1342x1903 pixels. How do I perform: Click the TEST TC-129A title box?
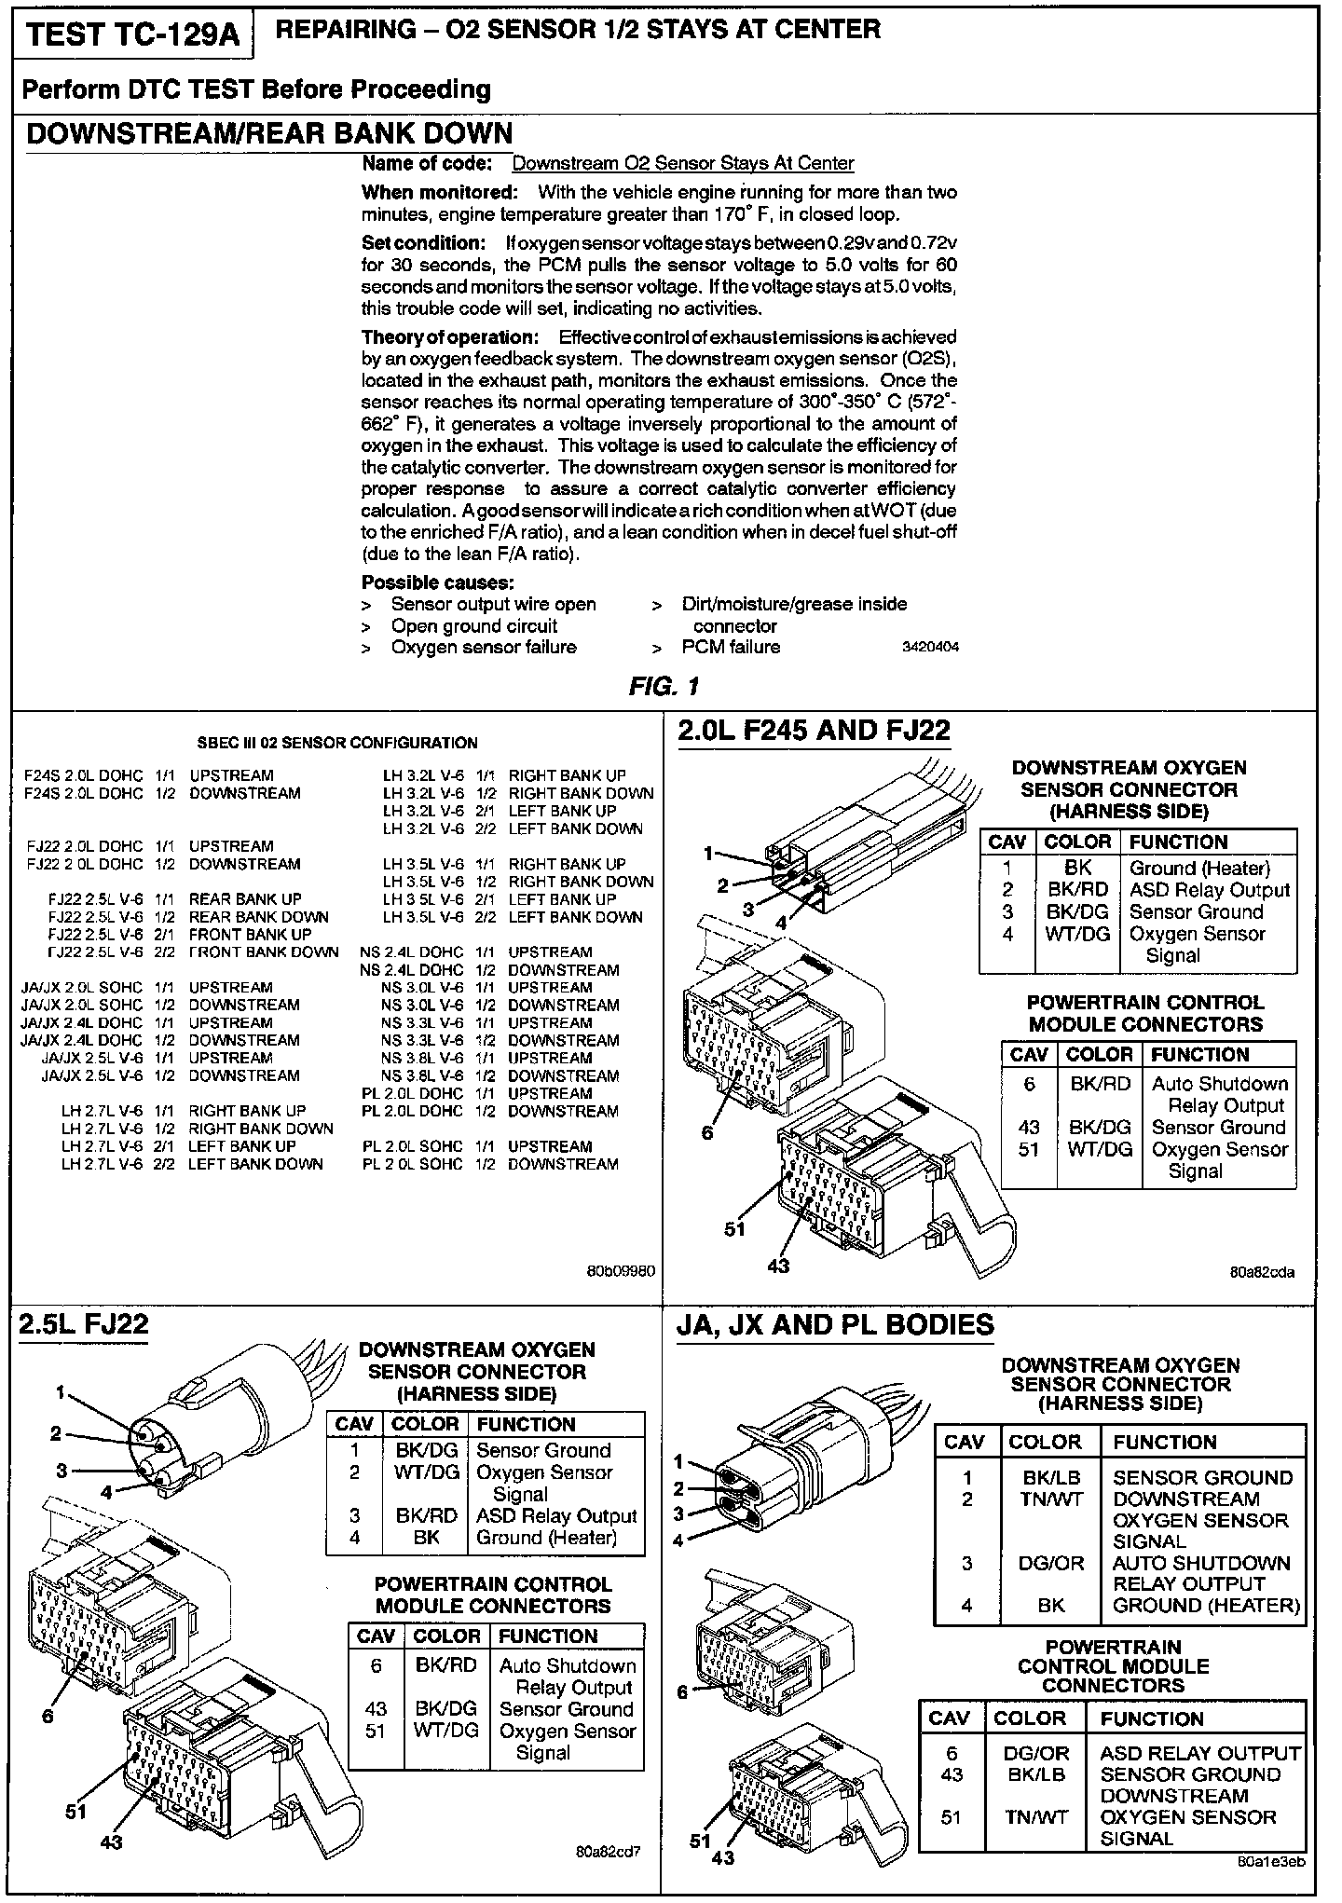[x=132, y=34]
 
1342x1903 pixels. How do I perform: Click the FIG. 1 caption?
[x=664, y=687]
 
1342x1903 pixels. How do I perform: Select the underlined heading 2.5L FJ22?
[x=84, y=1324]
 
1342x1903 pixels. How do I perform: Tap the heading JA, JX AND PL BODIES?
[x=835, y=1325]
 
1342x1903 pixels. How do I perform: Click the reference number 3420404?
[x=930, y=647]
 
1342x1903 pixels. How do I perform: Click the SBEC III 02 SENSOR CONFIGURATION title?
[x=337, y=743]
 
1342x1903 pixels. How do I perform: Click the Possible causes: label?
[x=438, y=582]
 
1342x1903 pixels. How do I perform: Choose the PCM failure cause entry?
[x=731, y=647]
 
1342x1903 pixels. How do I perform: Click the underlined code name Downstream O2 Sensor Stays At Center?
[x=682, y=163]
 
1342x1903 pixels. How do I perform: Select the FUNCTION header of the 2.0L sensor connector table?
[x=1178, y=842]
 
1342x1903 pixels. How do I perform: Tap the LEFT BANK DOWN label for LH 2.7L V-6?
[x=255, y=1164]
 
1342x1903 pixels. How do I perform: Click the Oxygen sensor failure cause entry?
[x=483, y=647]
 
